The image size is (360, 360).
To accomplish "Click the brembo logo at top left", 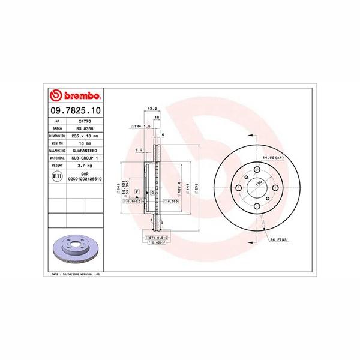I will coord(76,96).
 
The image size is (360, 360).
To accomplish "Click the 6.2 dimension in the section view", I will coord(139,149).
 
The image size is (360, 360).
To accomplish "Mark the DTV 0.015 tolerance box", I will coord(155,238).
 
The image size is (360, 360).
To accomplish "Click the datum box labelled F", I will coord(137,191).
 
